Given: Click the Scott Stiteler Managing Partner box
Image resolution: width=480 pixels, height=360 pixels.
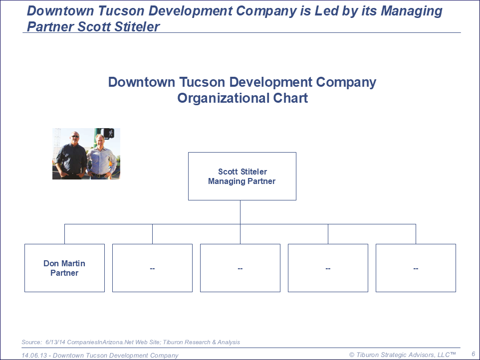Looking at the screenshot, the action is (242, 176).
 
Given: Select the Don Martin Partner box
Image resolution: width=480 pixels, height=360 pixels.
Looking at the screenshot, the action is (64, 268).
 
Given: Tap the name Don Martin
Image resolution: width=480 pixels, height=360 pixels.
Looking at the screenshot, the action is (64, 263).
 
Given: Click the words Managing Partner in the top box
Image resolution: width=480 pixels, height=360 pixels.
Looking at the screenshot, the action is (242, 181).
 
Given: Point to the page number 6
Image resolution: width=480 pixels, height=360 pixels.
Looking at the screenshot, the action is (474, 354).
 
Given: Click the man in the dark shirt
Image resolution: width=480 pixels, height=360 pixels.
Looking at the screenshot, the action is (71, 156).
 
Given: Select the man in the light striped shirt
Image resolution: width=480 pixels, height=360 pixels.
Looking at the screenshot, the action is (101, 157).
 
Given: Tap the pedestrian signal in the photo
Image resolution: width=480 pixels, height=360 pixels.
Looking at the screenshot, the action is (109, 133).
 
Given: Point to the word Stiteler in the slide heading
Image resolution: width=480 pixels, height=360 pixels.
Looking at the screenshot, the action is (137, 26).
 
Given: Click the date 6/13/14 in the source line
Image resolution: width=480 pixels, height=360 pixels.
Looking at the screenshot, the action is (55, 342).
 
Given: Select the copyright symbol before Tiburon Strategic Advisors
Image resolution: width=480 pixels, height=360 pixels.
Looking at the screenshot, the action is (352, 355).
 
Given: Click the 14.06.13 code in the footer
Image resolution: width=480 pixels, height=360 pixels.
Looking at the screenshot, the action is (34, 356).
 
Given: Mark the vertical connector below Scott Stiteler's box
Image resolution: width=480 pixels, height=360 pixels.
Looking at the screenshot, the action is (240, 212).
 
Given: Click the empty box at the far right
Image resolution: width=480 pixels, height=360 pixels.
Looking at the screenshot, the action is (416, 268).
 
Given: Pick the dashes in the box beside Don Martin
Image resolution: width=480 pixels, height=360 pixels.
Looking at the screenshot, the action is (153, 269).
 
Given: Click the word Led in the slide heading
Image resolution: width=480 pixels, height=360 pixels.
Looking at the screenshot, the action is (327, 11).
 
